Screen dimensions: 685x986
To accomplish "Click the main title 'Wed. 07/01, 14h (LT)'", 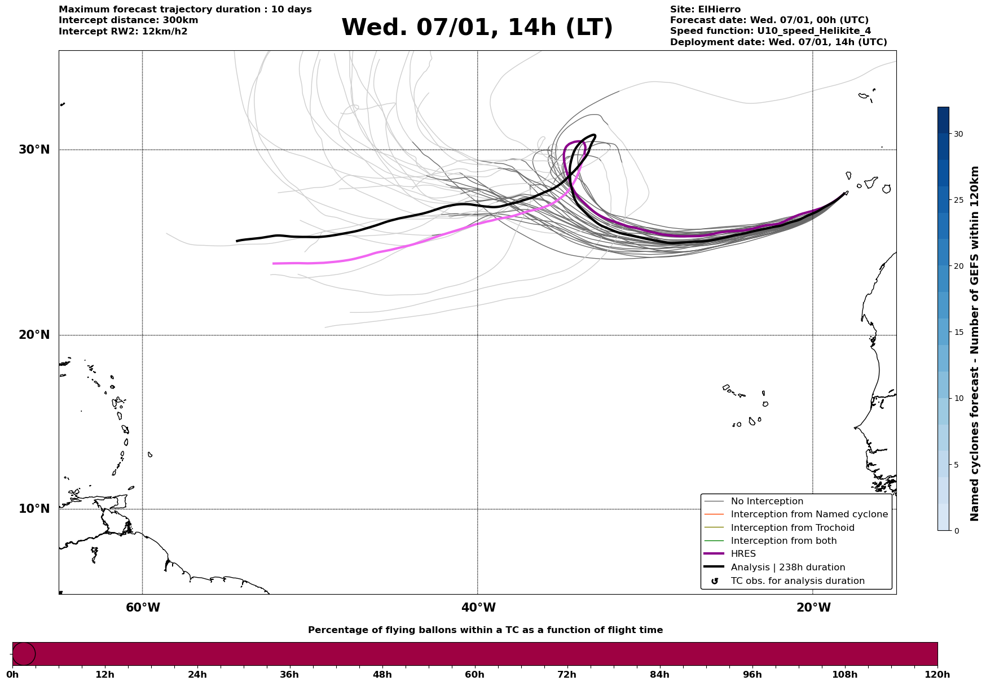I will pyautogui.click(x=477, y=28).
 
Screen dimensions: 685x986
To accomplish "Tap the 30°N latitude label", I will pyautogui.click(x=34, y=150).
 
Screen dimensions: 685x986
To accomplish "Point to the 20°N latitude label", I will pyautogui.click(x=34, y=335).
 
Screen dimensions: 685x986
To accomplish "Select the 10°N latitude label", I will pyautogui.click(x=34, y=509).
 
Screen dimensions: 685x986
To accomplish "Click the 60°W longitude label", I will pyautogui.click(x=143, y=608).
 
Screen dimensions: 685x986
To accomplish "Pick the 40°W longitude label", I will pyautogui.click(x=478, y=608).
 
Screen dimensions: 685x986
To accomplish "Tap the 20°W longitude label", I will pyautogui.click(x=813, y=608).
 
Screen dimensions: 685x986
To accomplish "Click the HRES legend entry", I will pyautogui.click(x=743, y=554).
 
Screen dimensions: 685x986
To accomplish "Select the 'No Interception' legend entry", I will pyautogui.click(x=767, y=501).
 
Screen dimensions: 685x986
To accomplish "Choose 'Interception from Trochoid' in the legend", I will pyautogui.click(x=792, y=528).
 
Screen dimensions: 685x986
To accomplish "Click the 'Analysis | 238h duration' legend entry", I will pyautogui.click(x=787, y=568).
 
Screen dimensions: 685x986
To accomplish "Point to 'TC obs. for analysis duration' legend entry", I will pyautogui.click(x=797, y=581).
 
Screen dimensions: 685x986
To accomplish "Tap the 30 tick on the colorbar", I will pyautogui.click(x=958, y=134).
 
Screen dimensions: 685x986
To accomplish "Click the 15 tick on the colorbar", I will pyautogui.click(x=958, y=332).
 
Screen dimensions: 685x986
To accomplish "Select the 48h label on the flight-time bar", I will pyautogui.click(x=382, y=675).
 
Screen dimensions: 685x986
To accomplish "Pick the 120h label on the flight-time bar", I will pyautogui.click(x=937, y=675).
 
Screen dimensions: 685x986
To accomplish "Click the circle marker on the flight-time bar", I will pyautogui.click(x=24, y=654).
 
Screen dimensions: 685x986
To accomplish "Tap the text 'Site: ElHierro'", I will pyautogui.click(x=705, y=10).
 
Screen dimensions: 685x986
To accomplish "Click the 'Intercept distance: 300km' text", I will pyautogui.click(x=128, y=20).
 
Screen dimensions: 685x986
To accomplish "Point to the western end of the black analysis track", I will pyautogui.click(x=237, y=241).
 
